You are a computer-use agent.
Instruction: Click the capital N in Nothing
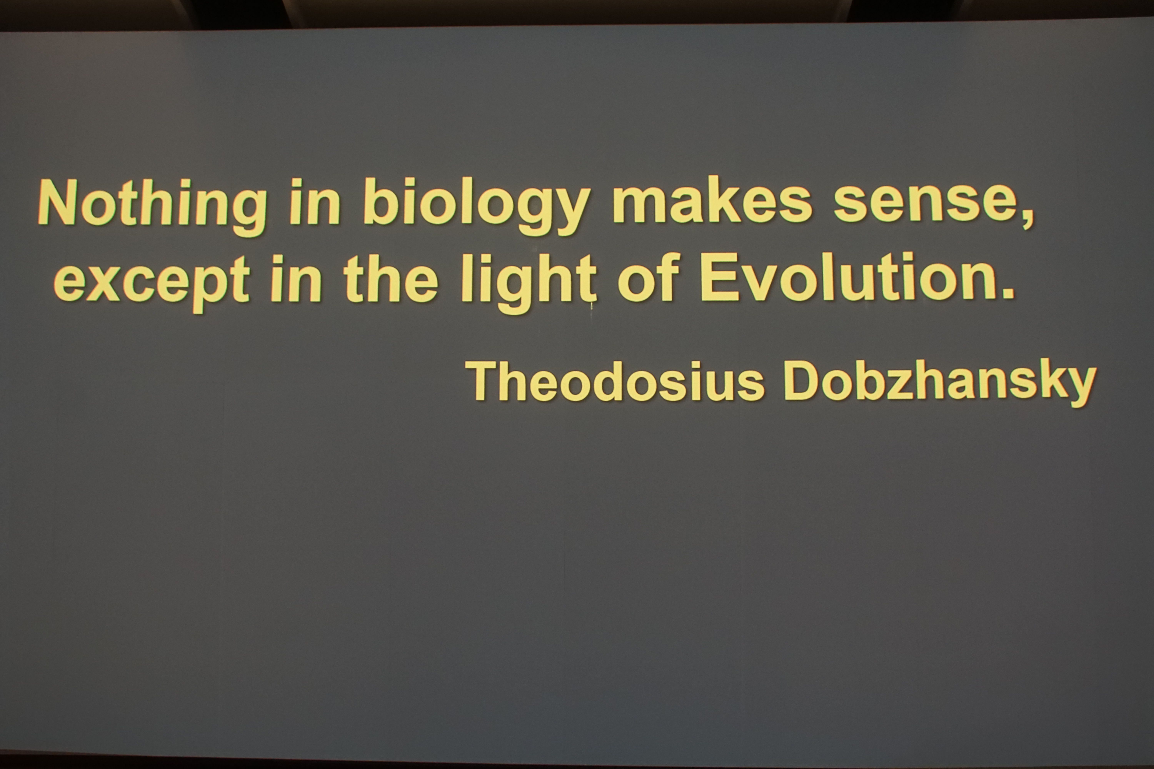(58, 201)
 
